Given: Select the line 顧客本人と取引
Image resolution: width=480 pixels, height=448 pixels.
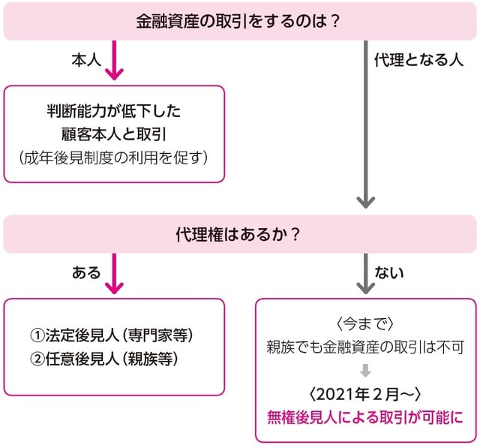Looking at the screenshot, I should click(114, 135).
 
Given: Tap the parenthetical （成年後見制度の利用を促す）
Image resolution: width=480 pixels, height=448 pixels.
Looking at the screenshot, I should click(114, 158).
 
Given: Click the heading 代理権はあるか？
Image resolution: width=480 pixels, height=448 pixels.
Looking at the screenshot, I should click(239, 234).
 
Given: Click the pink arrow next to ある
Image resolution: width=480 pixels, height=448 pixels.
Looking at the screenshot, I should click(114, 275).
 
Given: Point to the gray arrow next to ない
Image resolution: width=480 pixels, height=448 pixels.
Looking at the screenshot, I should click(365, 275).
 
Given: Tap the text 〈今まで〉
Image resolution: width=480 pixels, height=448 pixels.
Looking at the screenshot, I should click(366, 323).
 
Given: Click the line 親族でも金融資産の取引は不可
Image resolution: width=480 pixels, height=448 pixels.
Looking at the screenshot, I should click(366, 347).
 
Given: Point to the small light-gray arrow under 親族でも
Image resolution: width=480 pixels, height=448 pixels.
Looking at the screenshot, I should click(366, 370).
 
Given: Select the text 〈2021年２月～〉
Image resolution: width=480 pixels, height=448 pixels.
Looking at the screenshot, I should click(366, 392).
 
